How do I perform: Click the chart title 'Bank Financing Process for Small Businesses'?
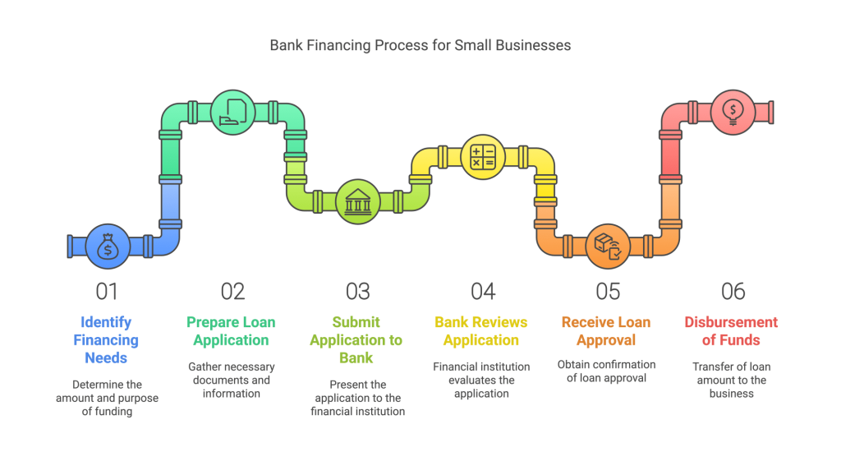[x=420, y=45]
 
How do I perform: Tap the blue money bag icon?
[x=108, y=246]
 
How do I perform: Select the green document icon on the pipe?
[x=233, y=112]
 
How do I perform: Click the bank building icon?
[x=358, y=201]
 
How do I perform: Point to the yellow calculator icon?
[x=483, y=156]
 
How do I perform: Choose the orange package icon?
[x=608, y=246]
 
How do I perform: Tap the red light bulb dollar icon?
[x=733, y=111]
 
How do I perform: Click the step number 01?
[x=107, y=291]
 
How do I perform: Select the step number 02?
[x=232, y=291]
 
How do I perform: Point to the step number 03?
[x=358, y=291]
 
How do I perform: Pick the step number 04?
[x=483, y=291]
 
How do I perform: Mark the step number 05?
[x=608, y=291]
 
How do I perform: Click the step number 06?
[x=733, y=291]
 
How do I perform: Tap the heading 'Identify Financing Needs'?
[x=107, y=340]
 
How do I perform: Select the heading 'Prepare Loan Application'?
[x=232, y=331]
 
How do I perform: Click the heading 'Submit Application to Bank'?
[x=357, y=340]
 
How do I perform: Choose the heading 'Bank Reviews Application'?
[x=481, y=331]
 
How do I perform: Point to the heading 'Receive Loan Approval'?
[x=607, y=331]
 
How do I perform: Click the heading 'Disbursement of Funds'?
[x=731, y=331]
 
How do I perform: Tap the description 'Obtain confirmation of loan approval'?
[x=607, y=371]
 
